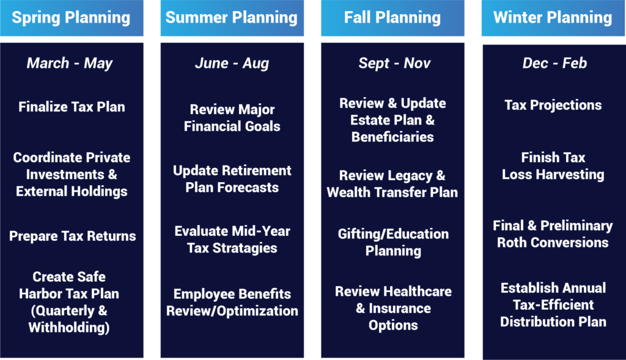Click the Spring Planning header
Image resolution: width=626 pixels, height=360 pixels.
(71, 18)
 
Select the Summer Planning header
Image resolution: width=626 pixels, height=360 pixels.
(232, 18)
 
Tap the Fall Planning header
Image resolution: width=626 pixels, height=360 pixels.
(392, 18)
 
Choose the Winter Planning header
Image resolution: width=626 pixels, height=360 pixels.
(553, 18)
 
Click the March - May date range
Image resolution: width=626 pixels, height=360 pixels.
(70, 63)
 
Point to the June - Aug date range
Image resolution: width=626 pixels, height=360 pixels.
(232, 63)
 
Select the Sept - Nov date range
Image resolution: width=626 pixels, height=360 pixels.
(394, 63)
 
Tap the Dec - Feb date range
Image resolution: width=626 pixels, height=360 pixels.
(554, 63)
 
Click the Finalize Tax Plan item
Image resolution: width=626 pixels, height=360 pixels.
(72, 107)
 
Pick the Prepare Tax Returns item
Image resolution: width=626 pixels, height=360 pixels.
(72, 237)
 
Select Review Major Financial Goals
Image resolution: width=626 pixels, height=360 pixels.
(232, 118)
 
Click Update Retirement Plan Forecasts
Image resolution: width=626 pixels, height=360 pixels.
(232, 179)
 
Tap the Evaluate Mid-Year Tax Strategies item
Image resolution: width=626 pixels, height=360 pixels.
(232, 240)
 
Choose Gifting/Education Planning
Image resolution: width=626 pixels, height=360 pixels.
(393, 242)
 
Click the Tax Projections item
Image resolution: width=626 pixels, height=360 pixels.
(553, 105)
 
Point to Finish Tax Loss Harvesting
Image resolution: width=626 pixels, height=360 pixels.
(553, 166)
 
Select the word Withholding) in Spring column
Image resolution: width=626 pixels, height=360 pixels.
(69, 328)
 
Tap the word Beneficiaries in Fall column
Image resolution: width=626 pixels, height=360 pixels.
(392, 138)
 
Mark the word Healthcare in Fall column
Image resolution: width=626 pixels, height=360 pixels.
(418, 292)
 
